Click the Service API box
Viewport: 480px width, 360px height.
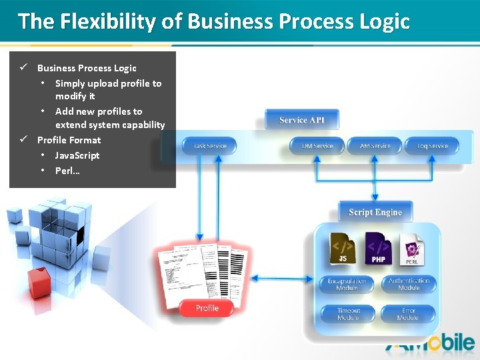pyautogui.click(x=302, y=120)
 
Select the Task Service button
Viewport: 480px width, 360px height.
pyautogui.click(x=209, y=146)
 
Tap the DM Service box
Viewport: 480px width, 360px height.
pyautogui.click(x=317, y=146)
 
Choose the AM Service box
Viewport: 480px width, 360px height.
pyautogui.click(x=375, y=146)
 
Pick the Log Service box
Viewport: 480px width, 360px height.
pyautogui.click(x=433, y=146)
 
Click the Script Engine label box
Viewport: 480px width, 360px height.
pyautogui.click(x=375, y=212)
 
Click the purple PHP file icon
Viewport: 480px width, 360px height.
pyautogui.click(x=378, y=248)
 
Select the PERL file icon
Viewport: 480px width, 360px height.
pyautogui.click(x=411, y=249)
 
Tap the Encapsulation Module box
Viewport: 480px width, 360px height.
pyautogui.click(x=347, y=285)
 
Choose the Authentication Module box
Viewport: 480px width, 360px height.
pyautogui.click(x=409, y=284)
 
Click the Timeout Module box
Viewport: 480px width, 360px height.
pyautogui.click(x=347, y=314)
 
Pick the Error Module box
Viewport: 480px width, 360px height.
pyautogui.click(x=408, y=314)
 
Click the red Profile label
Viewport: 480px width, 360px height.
pyautogui.click(x=207, y=308)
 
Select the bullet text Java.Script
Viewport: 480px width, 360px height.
pyautogui.click(x=77, y=155)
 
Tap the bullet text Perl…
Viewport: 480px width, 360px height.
pyautogui.click(x=67, y=171)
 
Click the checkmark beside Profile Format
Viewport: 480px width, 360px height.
pyautogui.click(x=23, y=139)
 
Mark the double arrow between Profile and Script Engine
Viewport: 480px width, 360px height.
pyautogui.click(x=283, y=279)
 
